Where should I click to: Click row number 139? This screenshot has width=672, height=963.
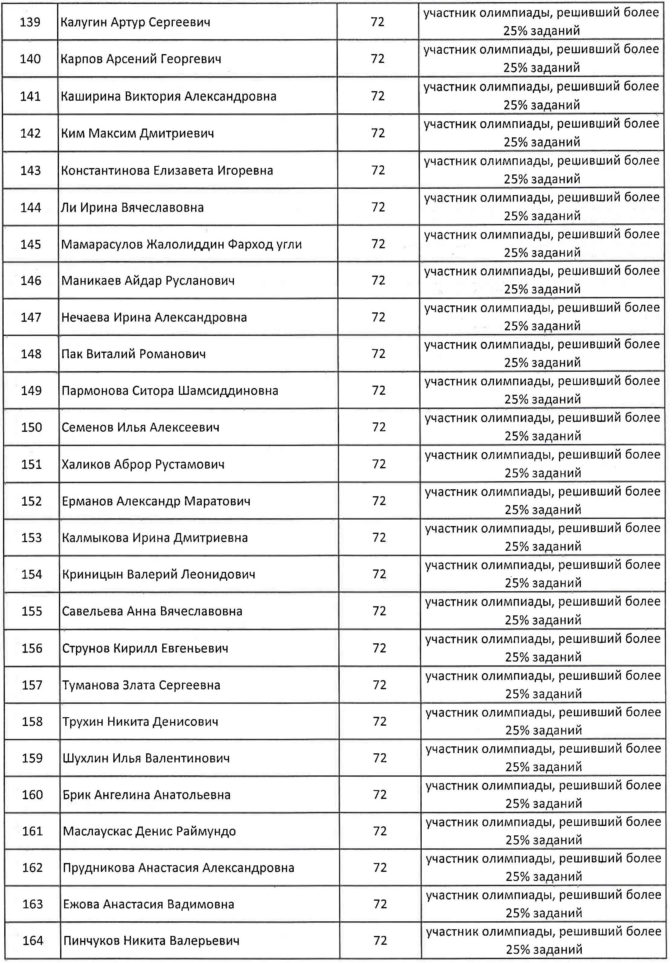tap(30, 22)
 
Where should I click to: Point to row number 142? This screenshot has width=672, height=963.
tap(31, 133)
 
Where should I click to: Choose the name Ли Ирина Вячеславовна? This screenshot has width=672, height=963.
tap(132, 208)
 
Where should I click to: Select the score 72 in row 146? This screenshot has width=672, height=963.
tap(378, 280)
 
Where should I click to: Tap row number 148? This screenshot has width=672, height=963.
tap(31, 354)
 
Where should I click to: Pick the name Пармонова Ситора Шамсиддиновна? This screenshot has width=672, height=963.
tap(170, 391)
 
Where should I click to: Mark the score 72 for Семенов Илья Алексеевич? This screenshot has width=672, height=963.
tap(379, 427)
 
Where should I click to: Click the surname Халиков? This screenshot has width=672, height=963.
tap(86, 464)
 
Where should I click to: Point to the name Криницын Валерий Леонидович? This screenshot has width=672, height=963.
tap(159, 574)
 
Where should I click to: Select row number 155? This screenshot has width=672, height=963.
tap(32, 611)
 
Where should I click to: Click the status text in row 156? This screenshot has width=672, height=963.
tap(543, 648)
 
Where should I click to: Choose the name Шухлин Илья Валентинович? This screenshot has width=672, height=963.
tap(146, 758)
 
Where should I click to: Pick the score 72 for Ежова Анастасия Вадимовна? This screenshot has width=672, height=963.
tap(380, 904)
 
